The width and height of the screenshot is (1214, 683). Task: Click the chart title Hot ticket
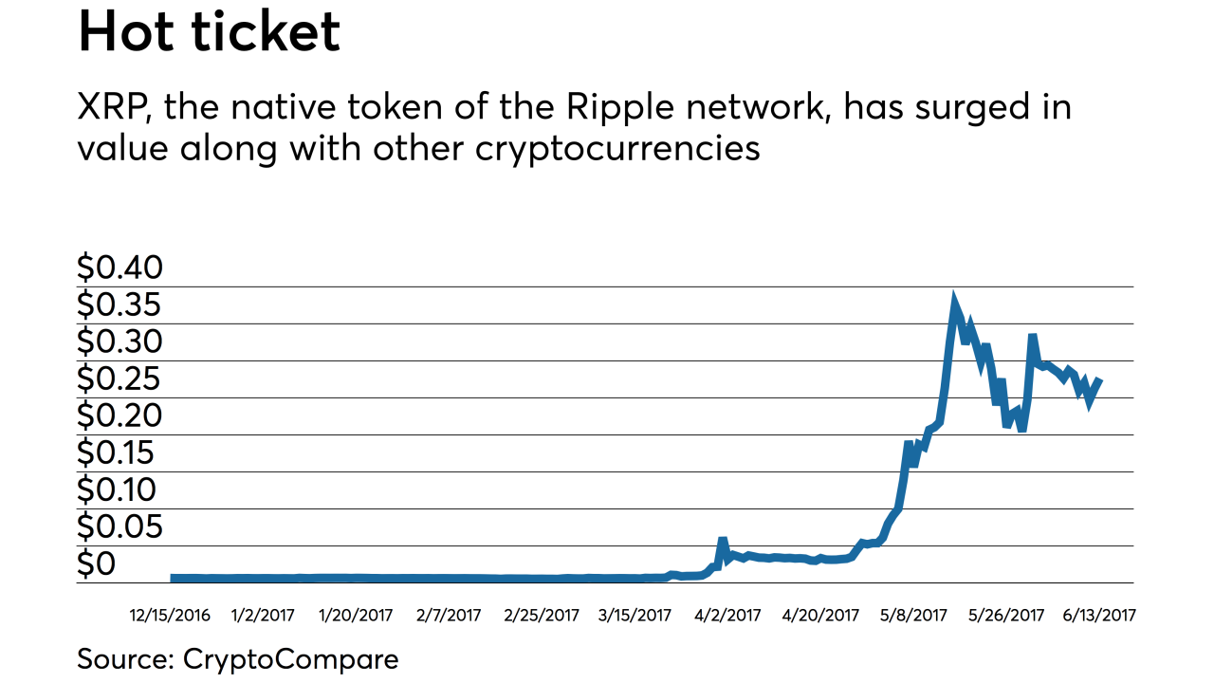[209, 32]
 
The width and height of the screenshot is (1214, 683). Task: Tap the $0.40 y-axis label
[120, 268]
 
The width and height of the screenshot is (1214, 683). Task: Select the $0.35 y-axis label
[120, 305]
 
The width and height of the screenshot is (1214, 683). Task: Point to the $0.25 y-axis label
[120, 378]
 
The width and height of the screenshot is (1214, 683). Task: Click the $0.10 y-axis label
[120, 489]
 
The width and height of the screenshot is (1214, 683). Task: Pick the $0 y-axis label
[98, 563]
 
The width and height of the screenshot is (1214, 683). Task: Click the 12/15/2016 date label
[170, 615]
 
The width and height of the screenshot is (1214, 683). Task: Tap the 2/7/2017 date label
[450, 615]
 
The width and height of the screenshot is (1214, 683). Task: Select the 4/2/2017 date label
[728, 615]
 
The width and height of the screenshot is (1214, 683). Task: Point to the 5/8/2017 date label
[914, 615]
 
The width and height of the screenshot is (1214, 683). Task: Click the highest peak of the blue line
[954, 302]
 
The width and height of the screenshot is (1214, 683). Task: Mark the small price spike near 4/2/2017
[723, 541]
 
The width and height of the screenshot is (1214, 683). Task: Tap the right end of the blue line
[1100, 380]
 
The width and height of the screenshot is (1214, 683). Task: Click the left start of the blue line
[173, 578]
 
